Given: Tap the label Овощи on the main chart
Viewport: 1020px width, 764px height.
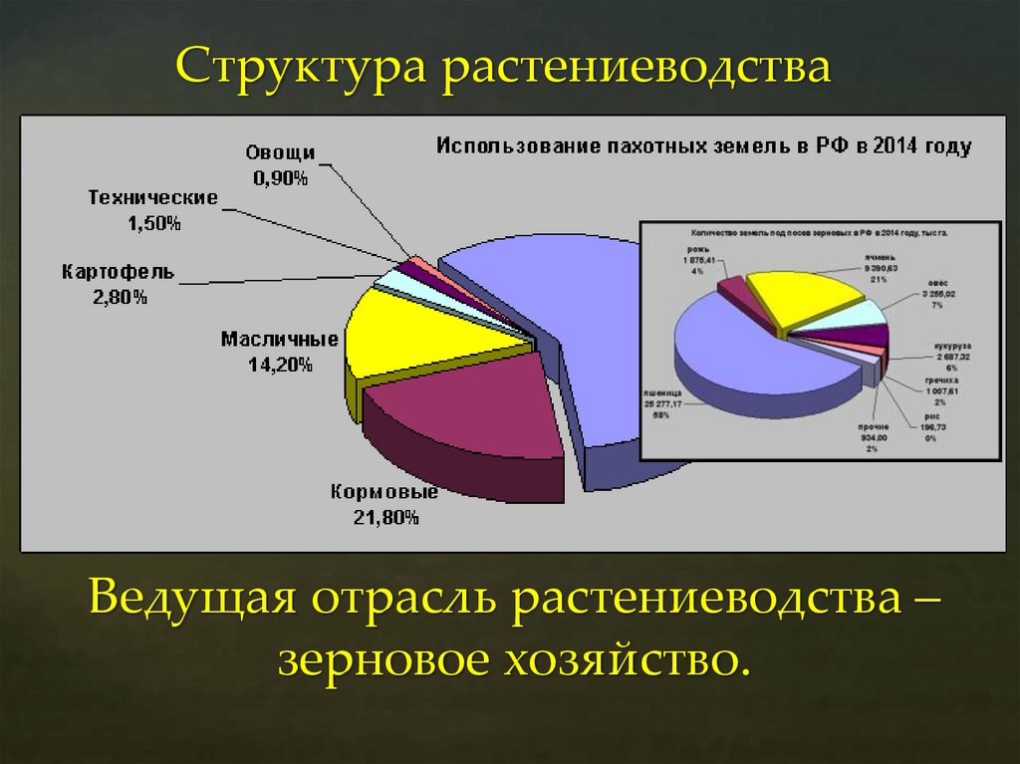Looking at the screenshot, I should [280, 153].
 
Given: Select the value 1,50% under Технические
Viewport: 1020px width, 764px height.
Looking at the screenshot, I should [153, 224].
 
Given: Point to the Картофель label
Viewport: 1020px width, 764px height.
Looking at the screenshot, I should [118, 271].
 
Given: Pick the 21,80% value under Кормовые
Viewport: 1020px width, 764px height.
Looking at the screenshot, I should [385, 517].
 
